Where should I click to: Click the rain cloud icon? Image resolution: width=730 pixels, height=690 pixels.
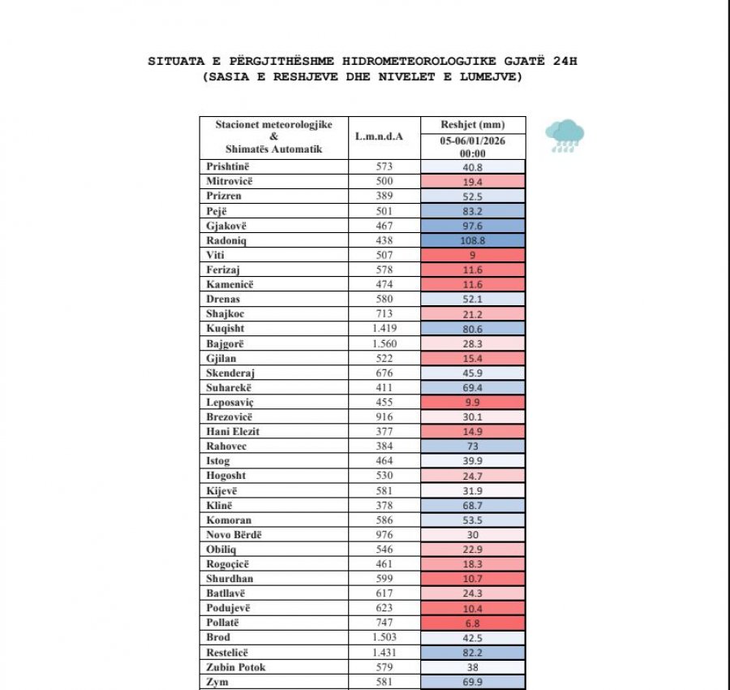565,136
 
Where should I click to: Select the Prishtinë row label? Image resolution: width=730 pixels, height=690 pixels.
230,166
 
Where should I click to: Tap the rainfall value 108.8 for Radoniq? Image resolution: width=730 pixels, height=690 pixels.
473,240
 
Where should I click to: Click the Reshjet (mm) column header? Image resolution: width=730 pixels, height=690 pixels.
473,125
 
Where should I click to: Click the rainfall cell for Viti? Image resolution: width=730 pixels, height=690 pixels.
473,255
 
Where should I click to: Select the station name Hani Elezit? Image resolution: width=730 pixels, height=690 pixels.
234,432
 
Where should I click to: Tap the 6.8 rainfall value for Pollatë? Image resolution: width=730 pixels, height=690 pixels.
473,623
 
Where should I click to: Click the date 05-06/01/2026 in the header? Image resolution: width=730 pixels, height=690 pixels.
473,140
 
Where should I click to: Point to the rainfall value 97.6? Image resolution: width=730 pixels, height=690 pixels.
473,226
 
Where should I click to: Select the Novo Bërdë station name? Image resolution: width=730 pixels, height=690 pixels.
235,534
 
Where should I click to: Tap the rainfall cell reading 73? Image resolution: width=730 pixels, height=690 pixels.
473,446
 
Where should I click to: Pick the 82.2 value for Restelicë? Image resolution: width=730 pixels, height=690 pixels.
473,652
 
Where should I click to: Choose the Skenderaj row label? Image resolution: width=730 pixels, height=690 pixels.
232,373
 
